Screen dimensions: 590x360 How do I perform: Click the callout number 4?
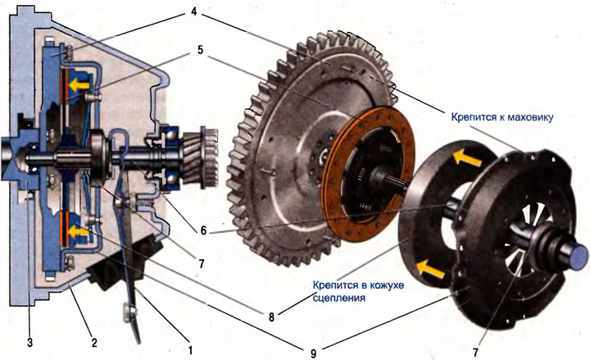[193, 11]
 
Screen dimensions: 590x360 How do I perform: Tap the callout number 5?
[200, 50]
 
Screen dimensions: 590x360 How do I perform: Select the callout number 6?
[203, 230]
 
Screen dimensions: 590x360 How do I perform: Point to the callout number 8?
[271, 317]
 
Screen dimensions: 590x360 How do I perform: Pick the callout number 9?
[313, 353]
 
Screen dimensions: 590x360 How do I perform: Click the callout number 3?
[30, 342]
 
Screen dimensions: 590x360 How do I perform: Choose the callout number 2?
[94, 342]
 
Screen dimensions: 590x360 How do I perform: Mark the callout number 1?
[190, 350]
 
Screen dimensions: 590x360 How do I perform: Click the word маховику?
[530, 117]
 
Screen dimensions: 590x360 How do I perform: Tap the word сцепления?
[339, 298]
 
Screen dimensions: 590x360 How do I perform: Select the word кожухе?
[388, 285]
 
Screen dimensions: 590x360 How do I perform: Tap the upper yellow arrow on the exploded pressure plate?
[466, 157]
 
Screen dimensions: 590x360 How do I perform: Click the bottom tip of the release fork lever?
[139, 343]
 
